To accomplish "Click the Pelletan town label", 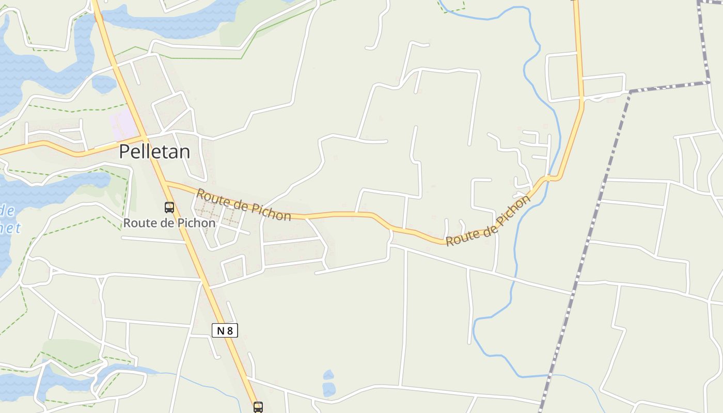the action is (154, 152).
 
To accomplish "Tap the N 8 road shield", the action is (225, 330).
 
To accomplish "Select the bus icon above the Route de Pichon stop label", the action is (169, 208).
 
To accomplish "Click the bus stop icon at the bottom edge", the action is (258, 407).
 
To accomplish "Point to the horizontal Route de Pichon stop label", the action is (169, 223).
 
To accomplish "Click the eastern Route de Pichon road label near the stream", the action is (488, 221).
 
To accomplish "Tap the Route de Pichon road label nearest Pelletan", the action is (243, 204).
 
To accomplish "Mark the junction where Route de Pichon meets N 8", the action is (166, 182).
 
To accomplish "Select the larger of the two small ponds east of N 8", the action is (328, 388).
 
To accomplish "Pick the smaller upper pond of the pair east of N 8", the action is (328, 374).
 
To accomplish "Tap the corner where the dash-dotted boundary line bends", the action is (631, 91).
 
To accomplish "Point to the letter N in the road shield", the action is (221, 330).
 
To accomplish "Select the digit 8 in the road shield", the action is (230, 330).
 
